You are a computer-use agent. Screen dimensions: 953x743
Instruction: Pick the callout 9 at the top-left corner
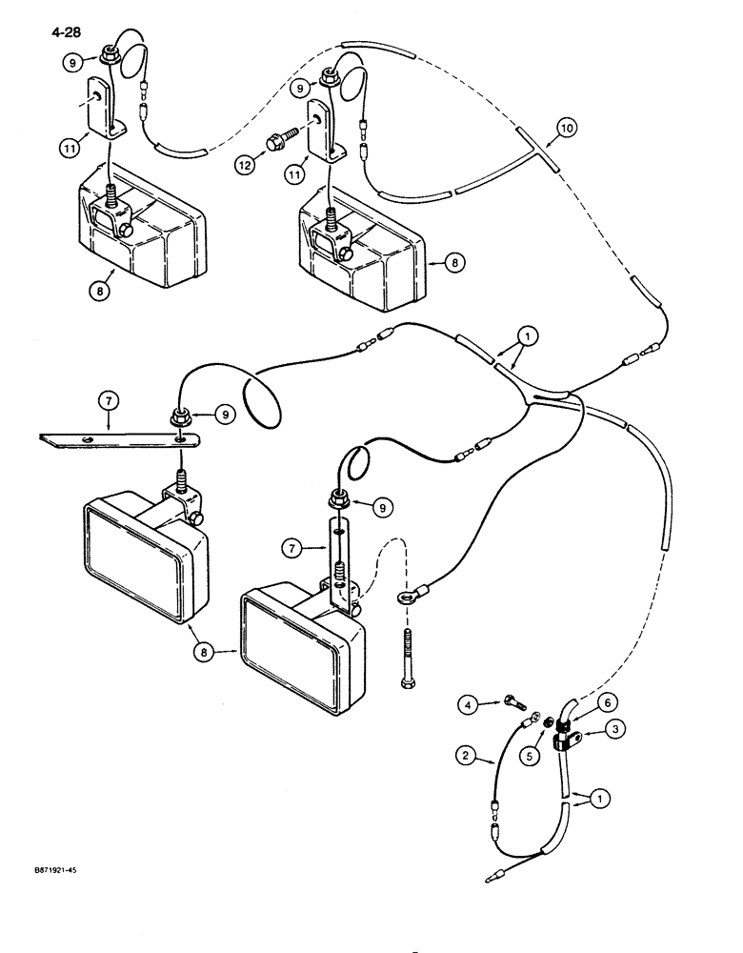pos(75,63)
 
